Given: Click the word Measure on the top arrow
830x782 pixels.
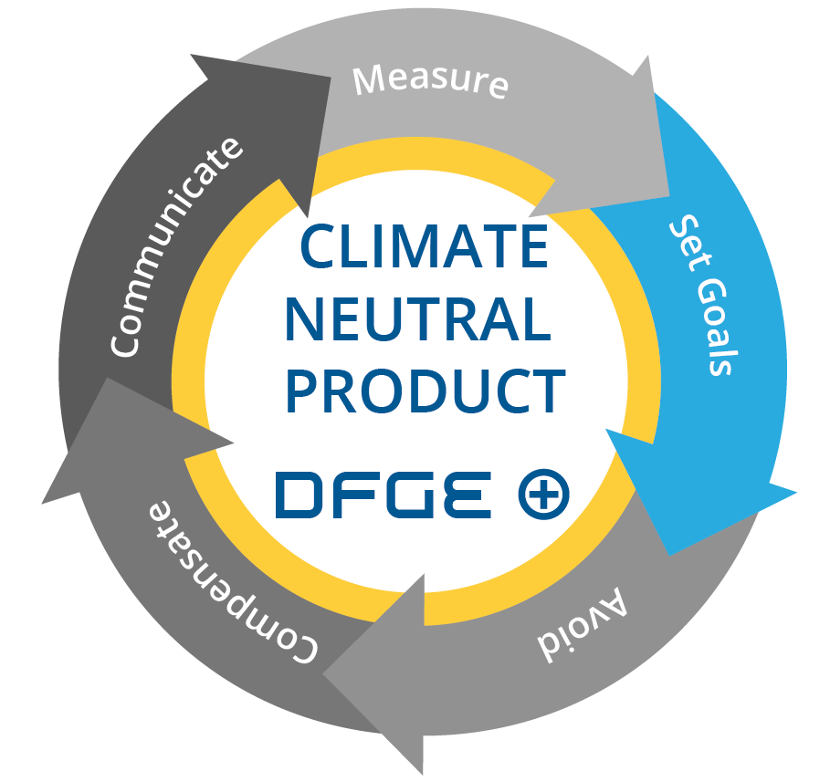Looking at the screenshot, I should pos(430,79).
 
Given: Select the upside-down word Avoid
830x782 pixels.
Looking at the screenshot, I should pos(582,626).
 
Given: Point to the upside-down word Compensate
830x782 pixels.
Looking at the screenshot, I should pos(232,580).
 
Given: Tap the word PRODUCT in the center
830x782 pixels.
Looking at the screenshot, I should pos(424,391).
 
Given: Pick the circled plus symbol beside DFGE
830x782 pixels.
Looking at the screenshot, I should pos(543,495).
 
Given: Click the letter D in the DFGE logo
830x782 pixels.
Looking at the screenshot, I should pos(300,495).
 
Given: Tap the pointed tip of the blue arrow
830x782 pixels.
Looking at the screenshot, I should pos(672,553).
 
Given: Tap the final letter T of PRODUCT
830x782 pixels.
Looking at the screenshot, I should pos(545,391).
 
